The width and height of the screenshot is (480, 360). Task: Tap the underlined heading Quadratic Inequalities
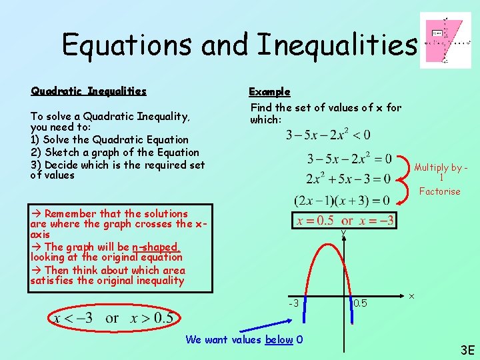click(x=88, y=91)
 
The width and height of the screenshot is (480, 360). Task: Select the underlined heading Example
click(x=269, y=91)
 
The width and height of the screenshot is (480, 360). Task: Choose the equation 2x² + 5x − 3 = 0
click(x=349, y=179)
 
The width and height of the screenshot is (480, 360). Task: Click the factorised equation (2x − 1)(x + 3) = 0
click(x=342, y=200)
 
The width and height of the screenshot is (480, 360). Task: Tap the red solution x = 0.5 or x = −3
click(x=345, y=221)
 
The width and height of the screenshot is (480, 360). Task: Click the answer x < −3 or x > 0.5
click(x=113, y=318)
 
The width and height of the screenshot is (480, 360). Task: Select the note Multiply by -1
click(x=441, y=173)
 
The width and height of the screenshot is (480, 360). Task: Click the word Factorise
click(x=439, y=191)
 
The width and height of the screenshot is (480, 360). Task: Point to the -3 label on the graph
click(x=293, y=303)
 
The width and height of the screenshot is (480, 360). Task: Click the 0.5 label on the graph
click(x=360, y=303)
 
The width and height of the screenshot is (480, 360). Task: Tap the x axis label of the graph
click(x=411, y=295)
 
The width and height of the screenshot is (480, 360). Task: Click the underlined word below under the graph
click(x=279, y=340)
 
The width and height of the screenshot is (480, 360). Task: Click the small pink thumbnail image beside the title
click(x=445, y=40)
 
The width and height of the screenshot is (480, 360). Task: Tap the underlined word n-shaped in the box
click(x=155, y=247)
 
